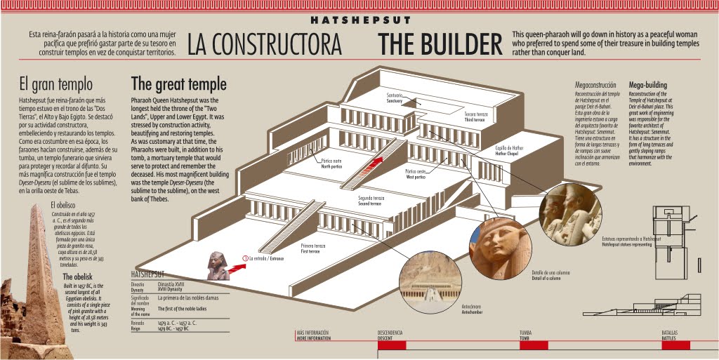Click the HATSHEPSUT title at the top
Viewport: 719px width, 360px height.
360,20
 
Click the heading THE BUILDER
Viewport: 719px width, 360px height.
440,44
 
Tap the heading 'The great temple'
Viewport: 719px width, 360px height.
178,84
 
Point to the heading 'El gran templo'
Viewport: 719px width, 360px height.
55,85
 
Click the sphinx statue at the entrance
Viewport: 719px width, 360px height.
218,267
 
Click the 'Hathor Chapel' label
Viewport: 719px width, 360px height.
510,150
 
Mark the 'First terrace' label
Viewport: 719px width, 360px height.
312,248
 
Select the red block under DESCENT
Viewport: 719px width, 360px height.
392,345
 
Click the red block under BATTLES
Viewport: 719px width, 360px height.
675,345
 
